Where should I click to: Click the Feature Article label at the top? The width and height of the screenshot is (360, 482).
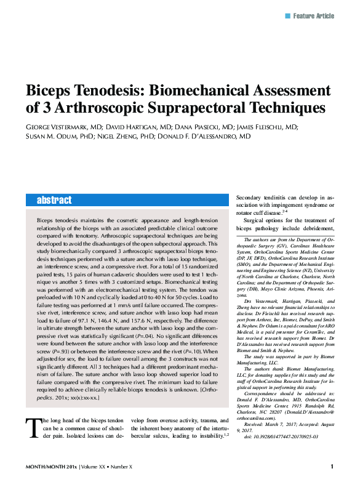[x=314, y=15]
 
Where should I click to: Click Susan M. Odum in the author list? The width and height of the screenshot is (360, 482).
[x=57, y=137]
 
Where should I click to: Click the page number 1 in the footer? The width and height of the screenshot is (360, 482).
[x=332, y=467]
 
